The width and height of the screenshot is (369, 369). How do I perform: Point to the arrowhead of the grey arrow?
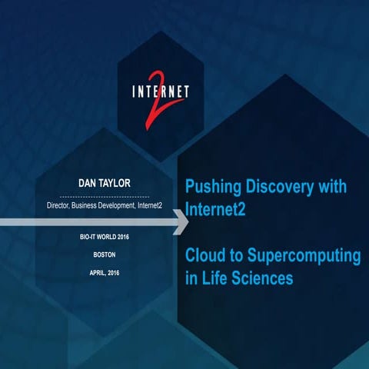click(183, 223)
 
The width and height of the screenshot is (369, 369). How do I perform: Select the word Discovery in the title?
click(281, 187)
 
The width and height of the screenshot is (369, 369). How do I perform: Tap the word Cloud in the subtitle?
click(207, 256)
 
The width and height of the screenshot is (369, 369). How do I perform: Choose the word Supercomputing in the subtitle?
click(306, 256)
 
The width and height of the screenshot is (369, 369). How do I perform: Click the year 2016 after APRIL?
click(128, 273)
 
